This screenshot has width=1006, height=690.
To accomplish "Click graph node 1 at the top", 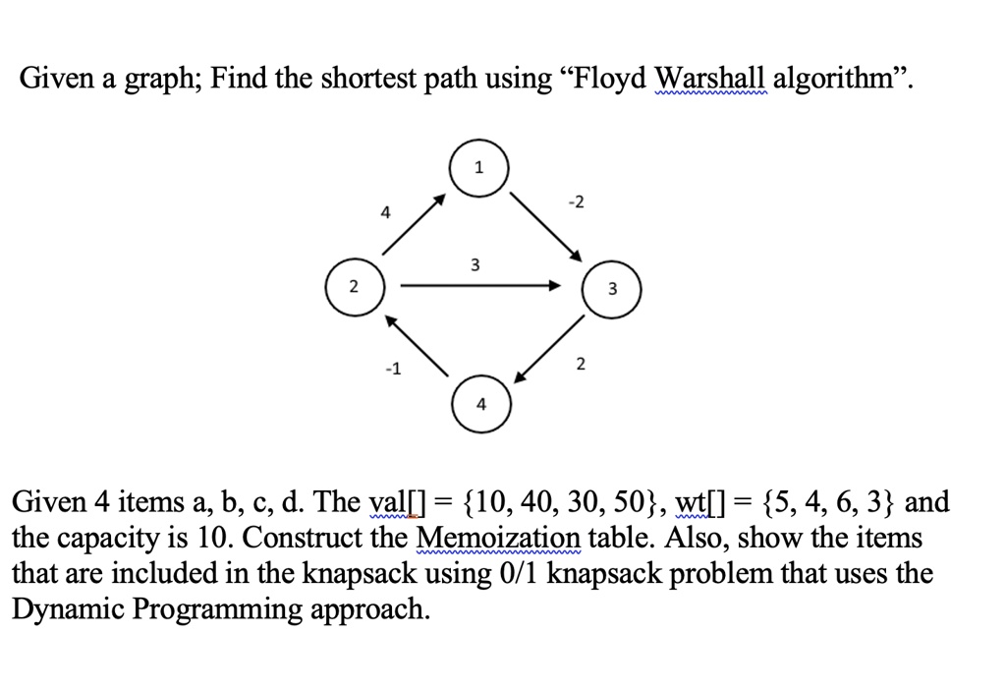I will tap(478, 168).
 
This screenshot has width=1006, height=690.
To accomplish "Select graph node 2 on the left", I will tap(355, 287).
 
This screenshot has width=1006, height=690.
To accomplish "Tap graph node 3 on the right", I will tap(613, 289).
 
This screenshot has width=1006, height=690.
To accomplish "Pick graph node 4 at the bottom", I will tap(480, 404).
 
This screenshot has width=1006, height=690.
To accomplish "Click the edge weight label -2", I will tap(577, 202).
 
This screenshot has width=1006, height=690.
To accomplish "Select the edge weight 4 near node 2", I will tap(385, 211).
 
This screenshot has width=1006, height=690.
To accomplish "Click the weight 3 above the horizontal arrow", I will tap(475, 264).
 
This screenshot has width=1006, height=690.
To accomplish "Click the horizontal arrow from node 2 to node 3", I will tap(481, 286).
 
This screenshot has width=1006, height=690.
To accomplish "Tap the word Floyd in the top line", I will tap(609, 79).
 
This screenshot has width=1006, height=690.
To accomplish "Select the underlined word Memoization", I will tap(499, 539).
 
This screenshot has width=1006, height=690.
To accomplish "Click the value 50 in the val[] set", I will tap(625, 502).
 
